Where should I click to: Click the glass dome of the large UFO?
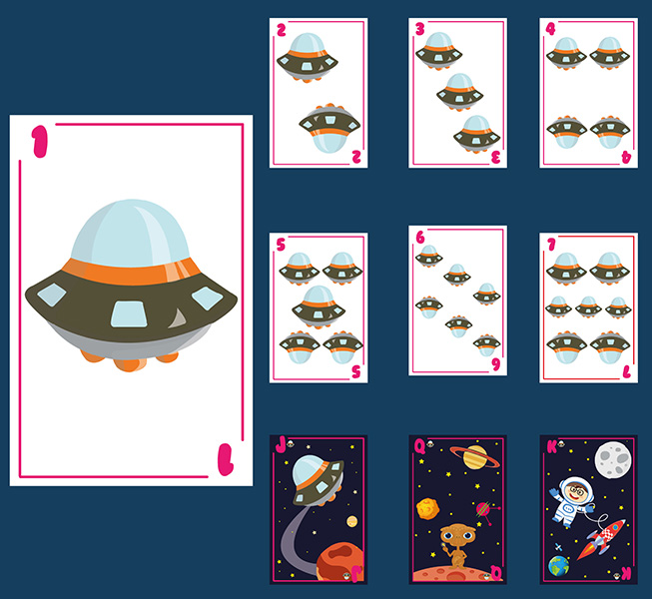[130, 233]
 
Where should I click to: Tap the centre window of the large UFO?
[129, 313]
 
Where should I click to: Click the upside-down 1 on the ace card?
[226, 459]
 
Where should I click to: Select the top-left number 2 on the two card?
[282, 30]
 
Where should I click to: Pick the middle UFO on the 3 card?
[459, 92]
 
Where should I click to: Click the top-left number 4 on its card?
[550, 29]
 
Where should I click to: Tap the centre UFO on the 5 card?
[319, 306]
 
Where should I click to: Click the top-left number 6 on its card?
[420, 238]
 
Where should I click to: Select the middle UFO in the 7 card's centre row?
[588, 306]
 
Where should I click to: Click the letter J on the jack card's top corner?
[281, 445]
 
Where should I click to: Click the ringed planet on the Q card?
[474, 456]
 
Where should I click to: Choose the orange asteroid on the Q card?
[428, 508]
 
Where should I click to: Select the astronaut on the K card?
[573, 501]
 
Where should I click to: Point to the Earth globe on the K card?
[558, 566]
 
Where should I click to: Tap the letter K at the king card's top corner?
[552, 447]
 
